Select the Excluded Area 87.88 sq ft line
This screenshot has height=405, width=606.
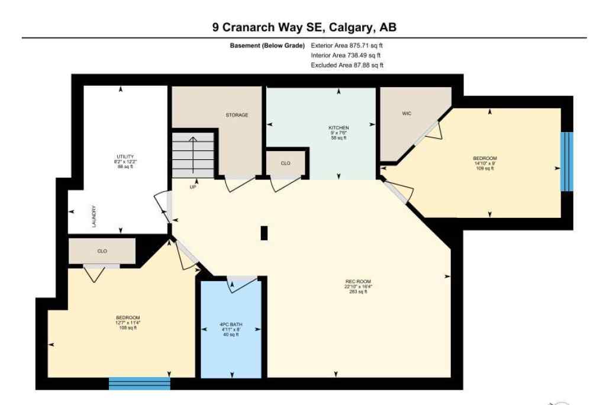click(347, 65)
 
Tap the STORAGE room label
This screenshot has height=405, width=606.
click(236, 115)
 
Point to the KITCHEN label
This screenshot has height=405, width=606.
click(339, 127)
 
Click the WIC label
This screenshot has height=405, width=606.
click(407, 112)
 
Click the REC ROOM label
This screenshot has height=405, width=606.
click(359, 282)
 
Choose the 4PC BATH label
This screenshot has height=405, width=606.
click(231, 324)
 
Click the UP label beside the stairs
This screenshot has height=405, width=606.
click(192, 187)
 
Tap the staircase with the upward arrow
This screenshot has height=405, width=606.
click(193, 155)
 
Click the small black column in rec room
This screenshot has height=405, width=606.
click(264, 233)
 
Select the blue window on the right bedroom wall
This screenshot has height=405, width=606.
click(567, 161)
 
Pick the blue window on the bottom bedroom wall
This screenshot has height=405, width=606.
click(139, 384)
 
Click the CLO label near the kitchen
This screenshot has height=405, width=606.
click(285, 163)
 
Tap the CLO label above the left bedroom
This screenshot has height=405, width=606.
click(102, 252)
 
